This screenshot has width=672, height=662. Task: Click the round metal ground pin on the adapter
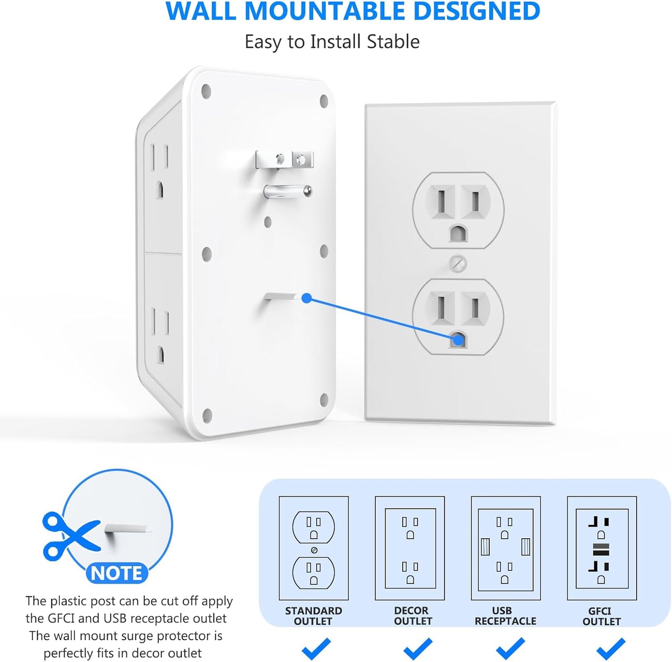point(287,191)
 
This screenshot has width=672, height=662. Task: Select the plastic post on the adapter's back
point(280,297)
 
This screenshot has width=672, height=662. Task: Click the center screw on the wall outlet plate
point(459,264)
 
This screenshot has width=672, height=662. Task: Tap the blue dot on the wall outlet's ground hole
point(458,340)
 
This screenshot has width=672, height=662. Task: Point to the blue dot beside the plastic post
point(306,298)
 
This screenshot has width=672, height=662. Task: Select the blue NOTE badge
point(117,573)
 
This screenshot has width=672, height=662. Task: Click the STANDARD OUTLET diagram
point(313,548)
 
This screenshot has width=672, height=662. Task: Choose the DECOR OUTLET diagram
point(410,548)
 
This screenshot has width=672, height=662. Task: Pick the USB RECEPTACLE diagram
point(506,548)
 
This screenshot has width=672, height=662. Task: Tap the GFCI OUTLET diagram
point(602,548)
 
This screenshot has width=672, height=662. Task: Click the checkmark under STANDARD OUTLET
point(316,649)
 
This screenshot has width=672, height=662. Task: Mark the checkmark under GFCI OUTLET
point(611,649)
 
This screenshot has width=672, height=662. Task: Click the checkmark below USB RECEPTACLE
point(510,649)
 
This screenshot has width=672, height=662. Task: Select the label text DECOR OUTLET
point(413,615)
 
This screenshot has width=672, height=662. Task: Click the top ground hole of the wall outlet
point(458,233)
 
